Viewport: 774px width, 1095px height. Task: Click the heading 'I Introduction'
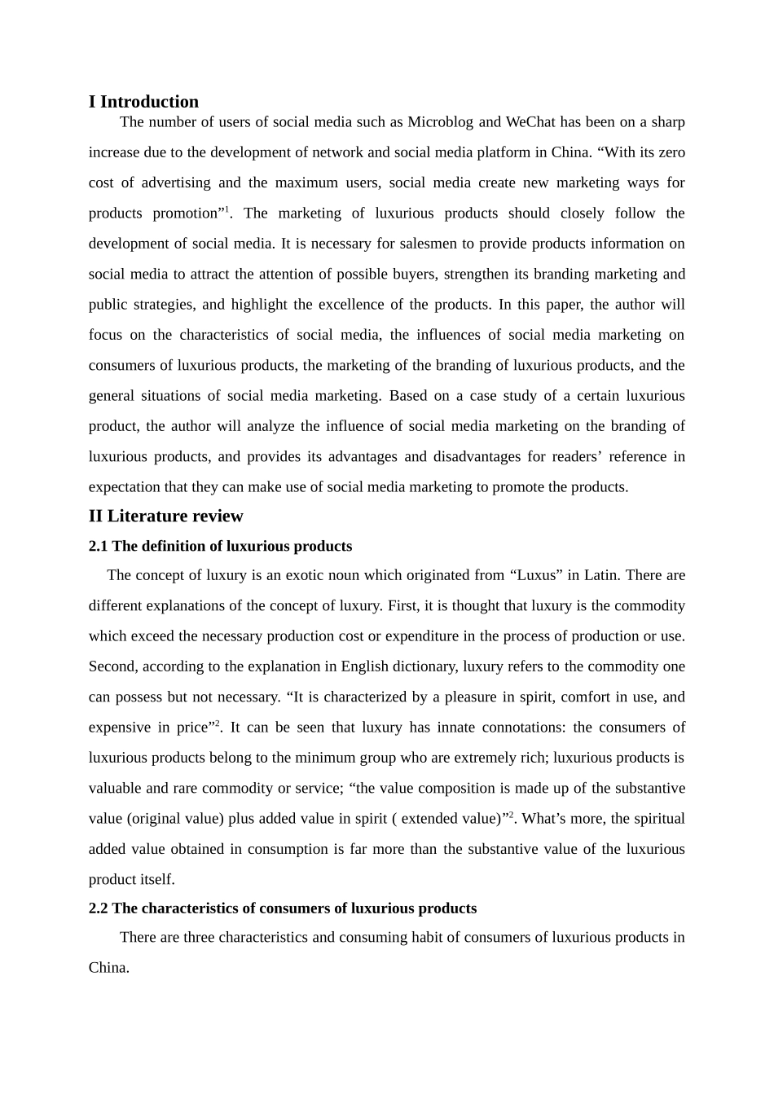[x=143, y=102]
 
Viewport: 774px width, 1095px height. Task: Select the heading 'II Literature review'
[x=165, y=516]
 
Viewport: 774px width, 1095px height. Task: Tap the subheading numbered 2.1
[x=220, y=546]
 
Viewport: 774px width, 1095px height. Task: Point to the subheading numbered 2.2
[x=282, y=908]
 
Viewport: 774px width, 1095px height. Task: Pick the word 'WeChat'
[x=530, y=122]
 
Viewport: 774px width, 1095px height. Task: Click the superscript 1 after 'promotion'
[x=226, y=210]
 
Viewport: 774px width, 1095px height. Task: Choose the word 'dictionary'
[x=427, y=666]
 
